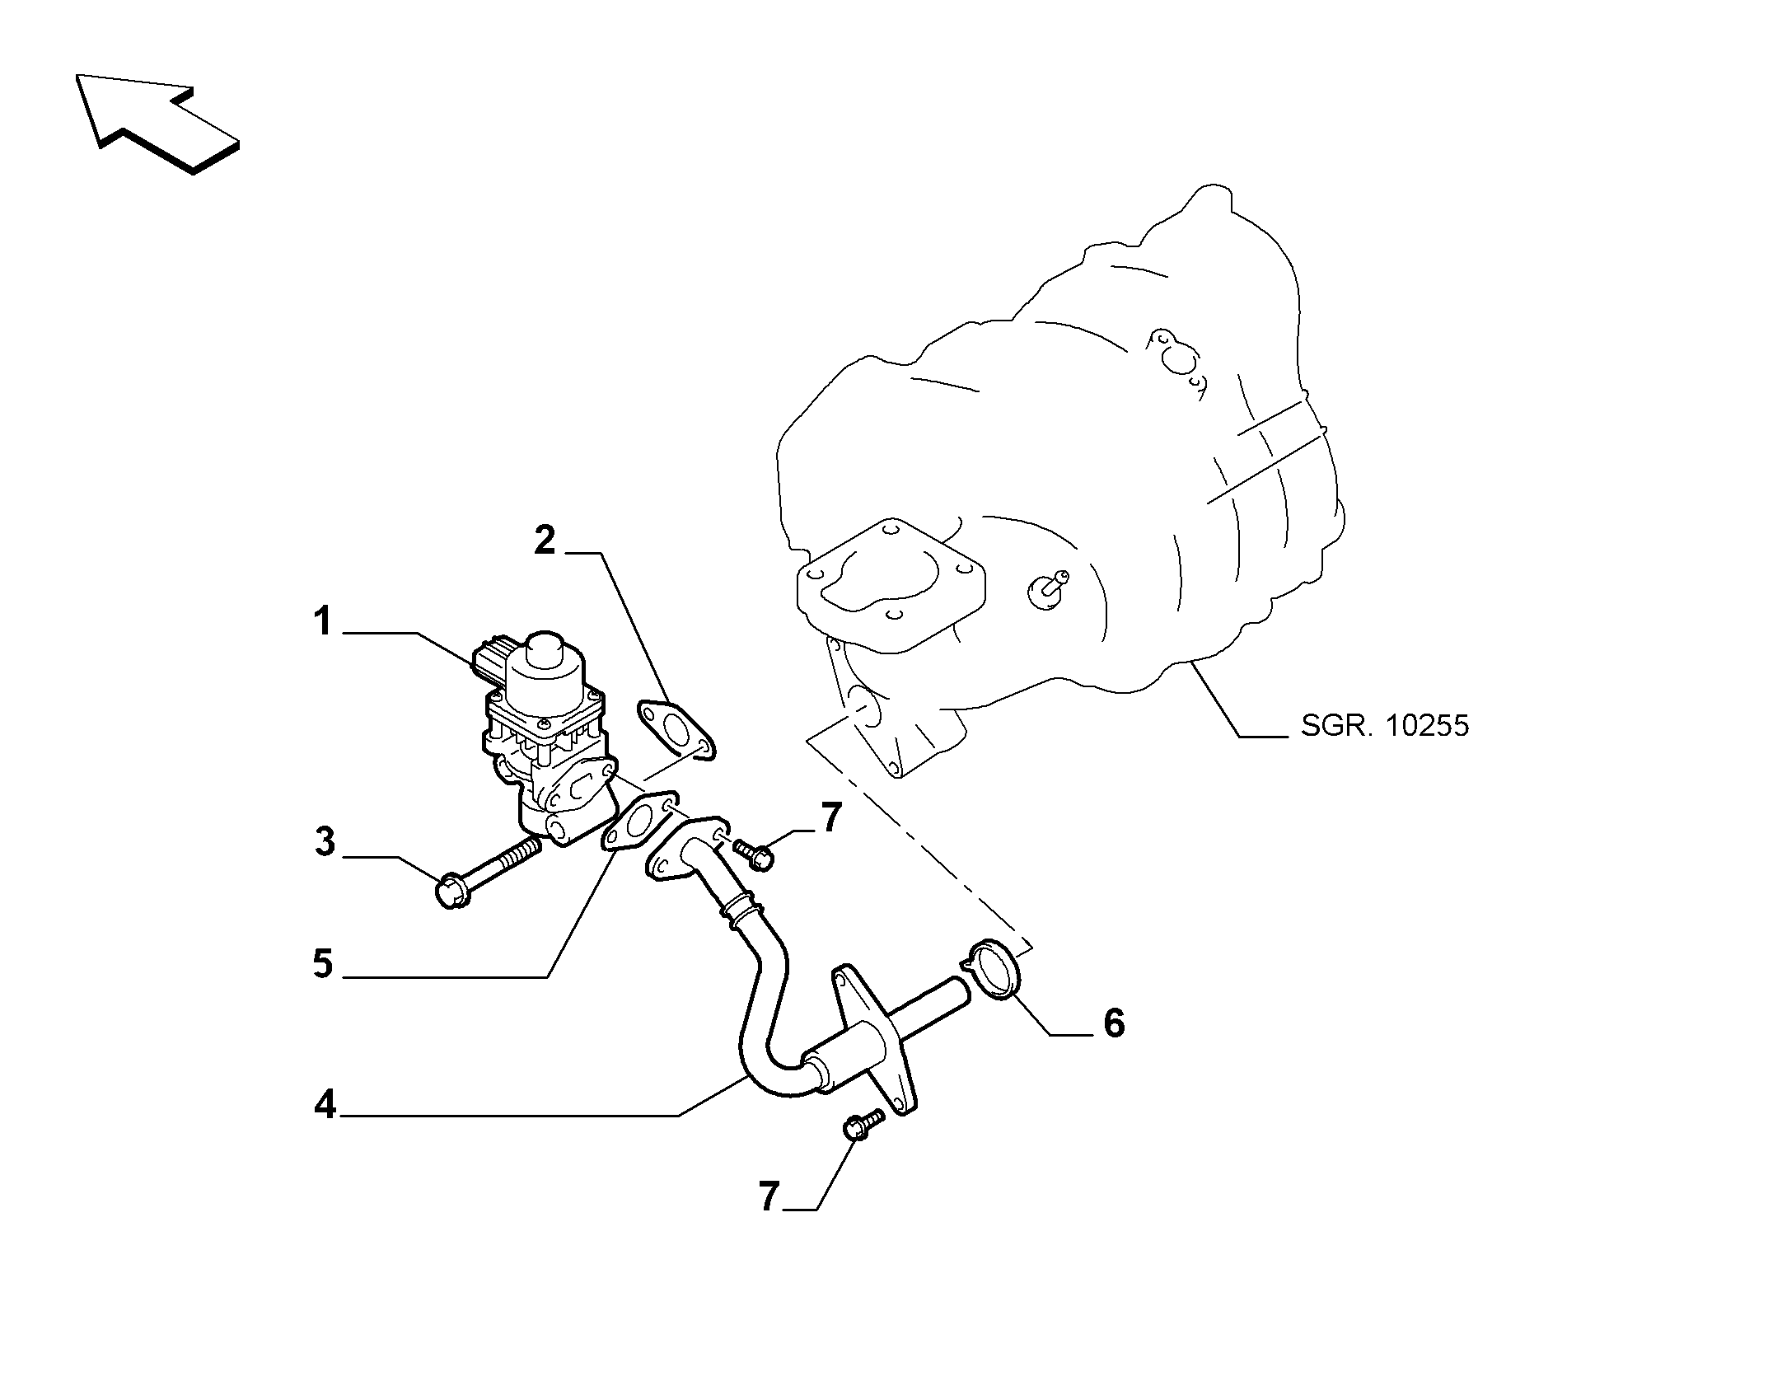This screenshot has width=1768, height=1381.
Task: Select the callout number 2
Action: pos(545,541)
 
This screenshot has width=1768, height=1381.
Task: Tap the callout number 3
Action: pos(325,842)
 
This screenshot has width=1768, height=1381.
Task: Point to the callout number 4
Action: pos(325,1104)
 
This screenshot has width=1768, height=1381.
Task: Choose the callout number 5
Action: pos(323,962)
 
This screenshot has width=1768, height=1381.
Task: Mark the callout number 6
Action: pos(1113,1023)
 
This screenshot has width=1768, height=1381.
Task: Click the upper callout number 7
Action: pos(830,817)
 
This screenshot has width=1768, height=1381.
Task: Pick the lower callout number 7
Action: pos(769,1196)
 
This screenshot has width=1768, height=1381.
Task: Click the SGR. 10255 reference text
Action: pos(1385,725)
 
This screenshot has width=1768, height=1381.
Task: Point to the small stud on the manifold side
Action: pos(1047,586)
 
